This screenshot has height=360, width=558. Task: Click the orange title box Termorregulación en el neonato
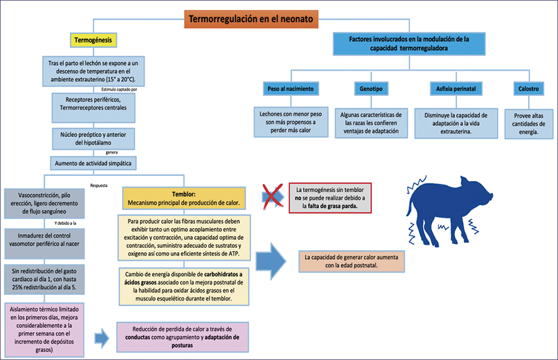coord(251,19)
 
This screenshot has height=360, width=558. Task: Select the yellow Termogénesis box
coord(93,40)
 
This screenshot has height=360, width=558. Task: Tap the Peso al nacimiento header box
coord(291,89)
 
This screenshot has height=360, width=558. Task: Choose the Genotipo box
coord(371,89)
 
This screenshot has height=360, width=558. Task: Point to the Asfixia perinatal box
coord(456,89)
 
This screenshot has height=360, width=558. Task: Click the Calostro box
coord(528,89)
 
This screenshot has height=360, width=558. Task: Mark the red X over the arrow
coord(273,196)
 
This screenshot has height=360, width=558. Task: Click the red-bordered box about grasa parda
coord(330,198)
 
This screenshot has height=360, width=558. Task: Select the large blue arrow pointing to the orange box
coord(271,261)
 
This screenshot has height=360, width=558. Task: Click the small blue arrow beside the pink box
coord(102,338)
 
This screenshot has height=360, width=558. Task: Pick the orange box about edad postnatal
coord(352,261)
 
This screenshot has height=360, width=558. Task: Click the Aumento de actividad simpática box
coord(93,164)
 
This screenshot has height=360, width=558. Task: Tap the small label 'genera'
coord(112,152)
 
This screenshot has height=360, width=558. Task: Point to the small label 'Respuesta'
coord(99,186)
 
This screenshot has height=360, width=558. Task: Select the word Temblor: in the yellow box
coord(184,194)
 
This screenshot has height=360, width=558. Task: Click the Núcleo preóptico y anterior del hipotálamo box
coord(93,139)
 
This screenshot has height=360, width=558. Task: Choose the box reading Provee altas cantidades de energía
coord(528,124)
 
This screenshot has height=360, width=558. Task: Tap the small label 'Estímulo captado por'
coord(119,89)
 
